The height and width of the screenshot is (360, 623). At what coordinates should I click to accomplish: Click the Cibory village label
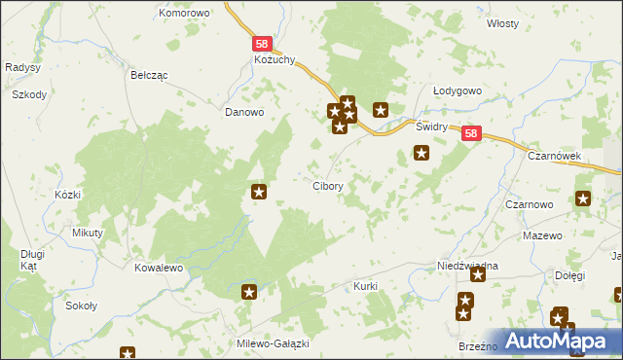point(326,185)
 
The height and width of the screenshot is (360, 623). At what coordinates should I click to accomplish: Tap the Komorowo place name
point(185,14)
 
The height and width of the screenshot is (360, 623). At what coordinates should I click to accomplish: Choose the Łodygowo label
point(458,90)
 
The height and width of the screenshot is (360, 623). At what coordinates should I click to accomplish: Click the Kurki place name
point(365,287)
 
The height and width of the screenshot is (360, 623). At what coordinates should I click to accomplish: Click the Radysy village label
point(21,67)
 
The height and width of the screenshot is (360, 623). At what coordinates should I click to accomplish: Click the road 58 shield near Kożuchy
point(262,44)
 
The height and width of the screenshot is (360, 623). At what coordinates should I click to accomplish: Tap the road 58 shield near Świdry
point(471,134)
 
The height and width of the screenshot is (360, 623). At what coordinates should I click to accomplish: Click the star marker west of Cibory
point(259,192)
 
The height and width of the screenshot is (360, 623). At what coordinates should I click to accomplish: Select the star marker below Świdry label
point(421,152)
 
